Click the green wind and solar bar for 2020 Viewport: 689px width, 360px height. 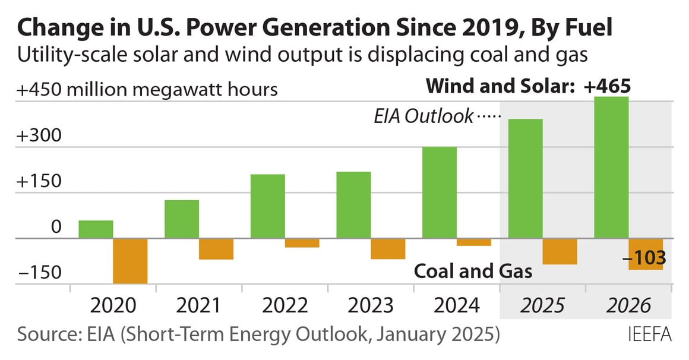point(96,229)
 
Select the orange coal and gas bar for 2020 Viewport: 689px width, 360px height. point(130,261)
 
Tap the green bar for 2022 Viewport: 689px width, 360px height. point(267,206)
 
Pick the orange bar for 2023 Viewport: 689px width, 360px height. point(388,248)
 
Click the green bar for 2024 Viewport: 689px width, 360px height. point(440,192)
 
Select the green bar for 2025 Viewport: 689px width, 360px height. point(525,179)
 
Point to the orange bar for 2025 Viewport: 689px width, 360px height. point(560,251)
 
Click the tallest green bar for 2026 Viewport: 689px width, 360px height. point(611,168)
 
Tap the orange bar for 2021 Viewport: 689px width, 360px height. point(216,249)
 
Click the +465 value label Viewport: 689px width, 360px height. point(606,87)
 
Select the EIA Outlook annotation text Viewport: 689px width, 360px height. point(423,116)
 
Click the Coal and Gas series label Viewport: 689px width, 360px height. point(472,271)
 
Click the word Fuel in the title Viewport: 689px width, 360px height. point(584,28)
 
